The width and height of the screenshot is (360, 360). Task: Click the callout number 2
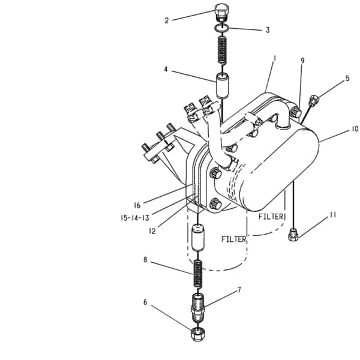click(167, 20)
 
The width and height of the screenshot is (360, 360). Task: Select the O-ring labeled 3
click(222, 28)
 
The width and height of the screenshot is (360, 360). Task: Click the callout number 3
click(268, 30)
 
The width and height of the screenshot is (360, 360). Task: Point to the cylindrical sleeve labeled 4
click(222, 85)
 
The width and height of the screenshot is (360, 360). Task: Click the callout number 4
click(166, 69)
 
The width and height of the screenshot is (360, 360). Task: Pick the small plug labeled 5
click(314, 100)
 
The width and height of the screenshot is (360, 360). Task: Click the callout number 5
click(347, 78)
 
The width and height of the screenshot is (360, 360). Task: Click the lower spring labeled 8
click(197, 273)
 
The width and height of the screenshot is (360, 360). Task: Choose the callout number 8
click(145, 260)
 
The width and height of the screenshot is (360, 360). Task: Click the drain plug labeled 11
click(293, 235)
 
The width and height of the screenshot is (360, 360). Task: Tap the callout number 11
click(333, 215)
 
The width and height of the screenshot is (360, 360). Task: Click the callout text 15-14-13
click(135, 218)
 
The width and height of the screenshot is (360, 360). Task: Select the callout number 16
click(137, 205)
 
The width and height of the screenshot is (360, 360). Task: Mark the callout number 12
click(152, 231)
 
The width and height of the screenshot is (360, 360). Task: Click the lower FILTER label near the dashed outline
click(233, 239)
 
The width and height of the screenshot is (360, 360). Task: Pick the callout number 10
click(355, 129)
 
